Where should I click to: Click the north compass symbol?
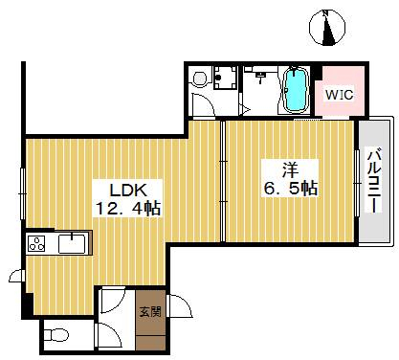327,28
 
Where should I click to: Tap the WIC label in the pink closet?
339,95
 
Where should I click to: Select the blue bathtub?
297,90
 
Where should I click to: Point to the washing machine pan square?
225,77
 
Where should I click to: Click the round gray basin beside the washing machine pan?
201,78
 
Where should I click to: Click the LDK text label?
128,191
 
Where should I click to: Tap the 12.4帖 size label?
128,209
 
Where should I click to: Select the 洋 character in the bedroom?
290,169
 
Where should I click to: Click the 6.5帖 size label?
290,188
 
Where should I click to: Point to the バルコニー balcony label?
374,180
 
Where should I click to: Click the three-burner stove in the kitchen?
36,244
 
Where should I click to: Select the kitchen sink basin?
72,243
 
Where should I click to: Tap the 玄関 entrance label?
150,311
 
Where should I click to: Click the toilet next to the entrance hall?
56,335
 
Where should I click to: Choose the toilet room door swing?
108,335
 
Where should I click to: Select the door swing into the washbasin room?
203,105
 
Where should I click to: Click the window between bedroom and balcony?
357,184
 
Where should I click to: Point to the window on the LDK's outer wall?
23,193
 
